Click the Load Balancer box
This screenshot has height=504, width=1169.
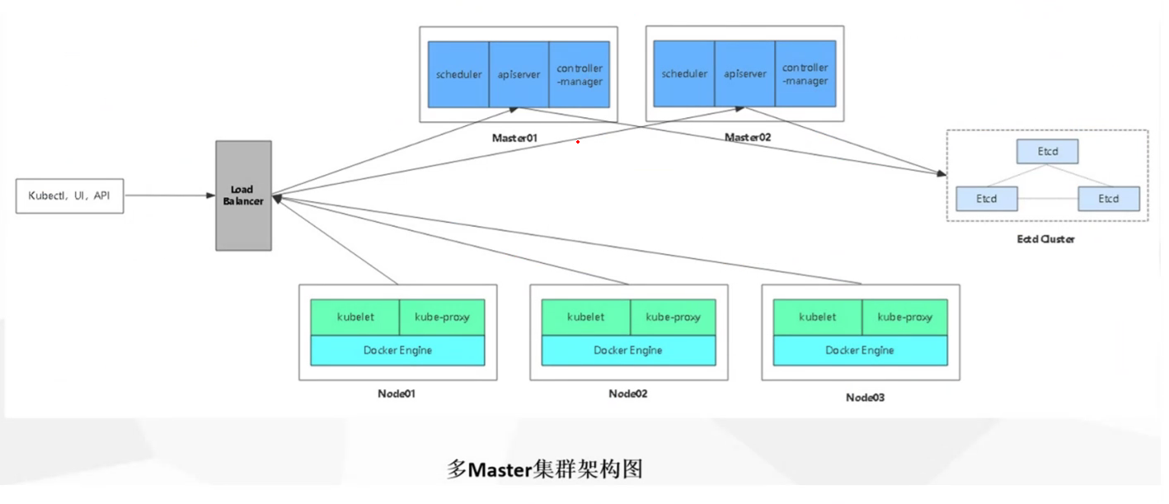(243, 195)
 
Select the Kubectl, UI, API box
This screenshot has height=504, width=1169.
(70, 196)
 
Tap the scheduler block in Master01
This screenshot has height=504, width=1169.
(458, 74)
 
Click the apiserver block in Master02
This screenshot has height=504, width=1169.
(745, 74)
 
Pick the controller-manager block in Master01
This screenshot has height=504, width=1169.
(580, 74)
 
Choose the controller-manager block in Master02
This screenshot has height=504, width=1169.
(805, 74)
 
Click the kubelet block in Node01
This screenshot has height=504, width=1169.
(355, 317)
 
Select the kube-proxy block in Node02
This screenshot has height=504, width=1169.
(673, 317)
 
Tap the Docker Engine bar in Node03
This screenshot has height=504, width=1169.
(860, 351)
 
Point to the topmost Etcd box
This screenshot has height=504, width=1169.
(1047, 152)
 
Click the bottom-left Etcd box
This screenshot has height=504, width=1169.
(987, 199)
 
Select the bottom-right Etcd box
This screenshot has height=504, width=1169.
(1109, 199)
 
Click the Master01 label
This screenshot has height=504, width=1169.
(514, 138)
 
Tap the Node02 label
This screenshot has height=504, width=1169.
(628, 393)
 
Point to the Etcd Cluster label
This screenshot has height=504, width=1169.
(1046, 239)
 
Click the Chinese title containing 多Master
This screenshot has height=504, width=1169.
(544, 469)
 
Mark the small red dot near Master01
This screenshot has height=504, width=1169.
(578, 142)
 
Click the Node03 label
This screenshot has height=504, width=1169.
(865, 398)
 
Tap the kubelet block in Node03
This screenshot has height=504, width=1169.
(817, 317)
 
